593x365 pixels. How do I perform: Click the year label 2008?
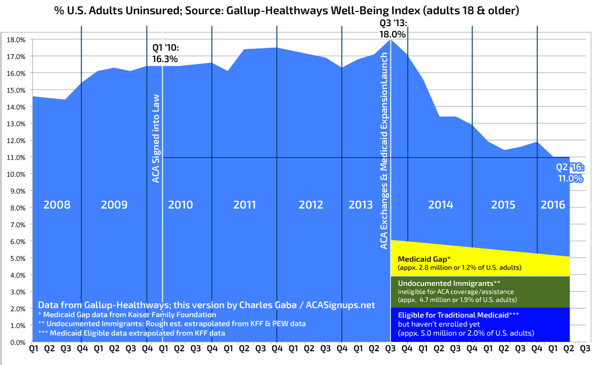[56, 205]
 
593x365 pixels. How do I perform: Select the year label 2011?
[244, 205]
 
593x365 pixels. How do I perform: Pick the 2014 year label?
[441, 205]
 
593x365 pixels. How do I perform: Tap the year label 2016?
[553, 205]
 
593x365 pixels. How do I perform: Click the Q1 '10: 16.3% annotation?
[165, 54]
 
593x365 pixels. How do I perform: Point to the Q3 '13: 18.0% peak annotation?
[392, 28]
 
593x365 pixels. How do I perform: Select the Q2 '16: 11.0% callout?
[570, 173]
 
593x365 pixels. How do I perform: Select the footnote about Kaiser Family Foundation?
[127, 315]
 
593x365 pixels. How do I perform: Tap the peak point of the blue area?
[390, 40]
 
